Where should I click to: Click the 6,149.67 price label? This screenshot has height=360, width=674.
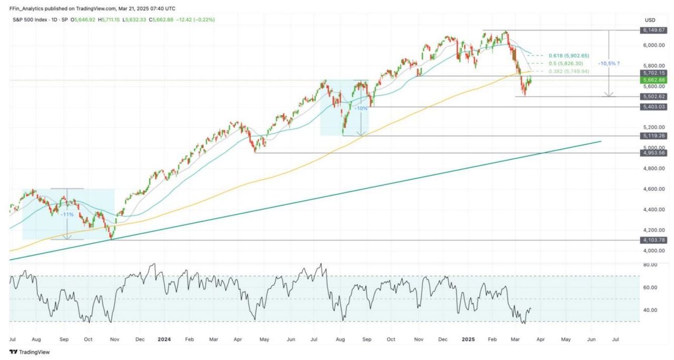pyautogui.click(x=654, y=30)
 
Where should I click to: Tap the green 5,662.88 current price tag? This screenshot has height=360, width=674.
pyautogui.click(x=654, y=80)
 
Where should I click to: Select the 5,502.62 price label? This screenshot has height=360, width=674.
pyautogui.click(x=654, y=96)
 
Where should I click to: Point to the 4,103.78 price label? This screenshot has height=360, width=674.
pyautogui.click(x=654, y=240)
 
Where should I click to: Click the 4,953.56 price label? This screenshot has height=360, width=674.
pyautogui.click(x=654, y=153)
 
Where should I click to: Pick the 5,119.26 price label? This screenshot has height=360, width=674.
pyautogui.click(x=654, y=136)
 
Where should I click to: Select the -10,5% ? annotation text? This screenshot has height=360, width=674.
pyautogui.click(x=609, y=63)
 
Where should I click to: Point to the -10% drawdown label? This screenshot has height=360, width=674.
pyautogui.click(x=361, y=108)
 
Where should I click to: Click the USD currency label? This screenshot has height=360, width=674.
pyautogui.click(x=650, y=20)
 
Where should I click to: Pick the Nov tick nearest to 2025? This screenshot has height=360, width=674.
pyautogui.click(x=418, y=341)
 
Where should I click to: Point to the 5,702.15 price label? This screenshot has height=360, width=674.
pyautogui.click(x=654, y=73)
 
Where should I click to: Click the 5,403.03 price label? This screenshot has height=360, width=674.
pyautogui.click(x=654, y=107)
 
